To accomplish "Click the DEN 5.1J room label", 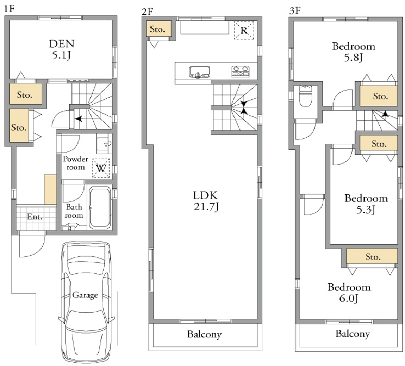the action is [x=61, y=49].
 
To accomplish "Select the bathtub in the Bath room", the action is [x=100, y=207].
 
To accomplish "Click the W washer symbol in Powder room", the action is [x=101, y=168].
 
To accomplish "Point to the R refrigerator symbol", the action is [x=244, y=30].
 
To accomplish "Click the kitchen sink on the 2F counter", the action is [x=199, y=72].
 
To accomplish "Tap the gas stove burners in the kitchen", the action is [x=240, y=71].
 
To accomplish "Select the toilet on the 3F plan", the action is [x=306, y=95].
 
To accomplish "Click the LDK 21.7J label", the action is [x=206, y=201].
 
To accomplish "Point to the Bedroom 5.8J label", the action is [x=353, y=52].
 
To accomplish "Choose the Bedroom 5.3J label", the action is [x=366, y=204].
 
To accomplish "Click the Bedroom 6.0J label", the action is [x=349, y=292].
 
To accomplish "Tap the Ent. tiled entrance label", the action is [x=35, y=216].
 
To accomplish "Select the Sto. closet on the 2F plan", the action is [x=159, y=29].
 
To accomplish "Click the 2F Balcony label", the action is [x=205, y=334].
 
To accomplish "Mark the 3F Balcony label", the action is [x=353, y=334].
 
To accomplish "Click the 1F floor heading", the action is [x=9, y=9].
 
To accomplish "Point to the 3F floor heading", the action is [x=295, y=11].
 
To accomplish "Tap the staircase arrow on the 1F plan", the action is [x=78, y=119].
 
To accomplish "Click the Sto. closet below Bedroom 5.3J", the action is [x=372, y=256].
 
